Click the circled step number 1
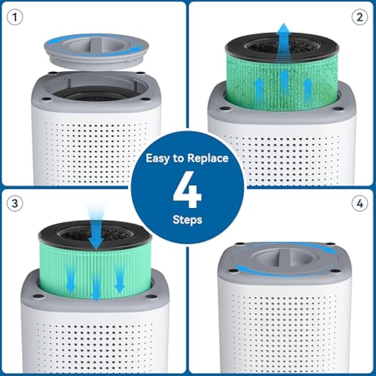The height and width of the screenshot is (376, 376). [x=15, y=17]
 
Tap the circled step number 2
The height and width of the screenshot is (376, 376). [x=360, y=17]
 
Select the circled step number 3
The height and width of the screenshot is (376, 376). [x=15, y=204]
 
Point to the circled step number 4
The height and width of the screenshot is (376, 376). [x=360, y=204]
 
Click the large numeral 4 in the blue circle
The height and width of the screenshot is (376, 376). [x=187, y=189]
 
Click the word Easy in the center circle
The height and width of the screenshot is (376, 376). [x=157, y=159]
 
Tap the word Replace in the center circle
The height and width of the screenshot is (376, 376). [x=208, y=159]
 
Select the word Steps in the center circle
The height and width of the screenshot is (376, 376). [x=188, y=220]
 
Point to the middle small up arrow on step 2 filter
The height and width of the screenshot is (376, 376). [x=284, y=79]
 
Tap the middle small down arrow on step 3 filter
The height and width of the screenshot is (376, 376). [x=96, y=288]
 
